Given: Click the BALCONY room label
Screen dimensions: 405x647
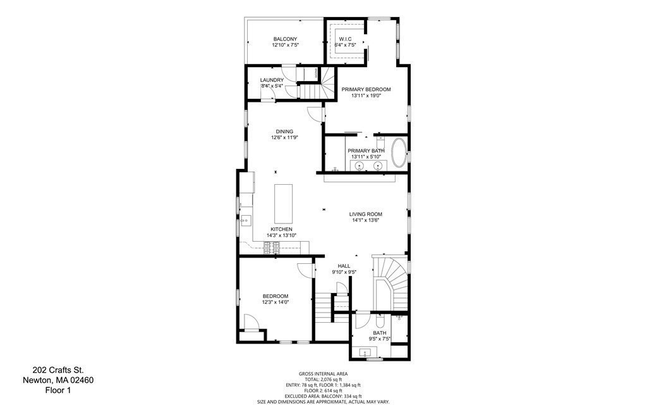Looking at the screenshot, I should point(286,39).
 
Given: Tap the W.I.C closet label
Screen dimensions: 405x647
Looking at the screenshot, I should point(345,39).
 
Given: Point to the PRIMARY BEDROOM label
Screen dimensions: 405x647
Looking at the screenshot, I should point(366,89).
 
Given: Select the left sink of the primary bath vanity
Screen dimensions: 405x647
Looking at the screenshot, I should point(360,166).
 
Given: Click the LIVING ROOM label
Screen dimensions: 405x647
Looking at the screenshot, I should point(366,214).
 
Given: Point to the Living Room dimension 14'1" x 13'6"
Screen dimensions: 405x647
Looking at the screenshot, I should point(366,221).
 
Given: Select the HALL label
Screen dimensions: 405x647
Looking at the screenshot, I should point(344,266).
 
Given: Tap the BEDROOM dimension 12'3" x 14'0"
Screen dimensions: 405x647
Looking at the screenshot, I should point(275,302).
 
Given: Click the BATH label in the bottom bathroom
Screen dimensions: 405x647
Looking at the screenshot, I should point(379,333).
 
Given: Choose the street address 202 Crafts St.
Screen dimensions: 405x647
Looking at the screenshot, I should point(58,370).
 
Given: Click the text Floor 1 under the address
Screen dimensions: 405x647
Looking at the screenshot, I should point(58,390).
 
